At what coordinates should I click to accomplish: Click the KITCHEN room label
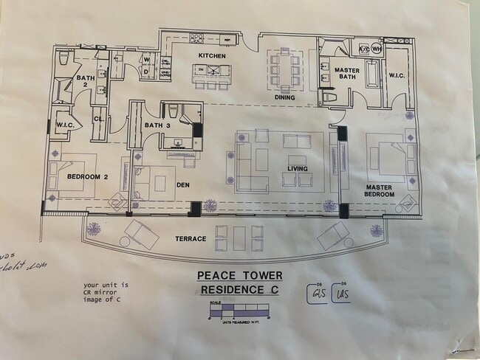tap(211, 56)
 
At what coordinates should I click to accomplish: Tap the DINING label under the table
tap(284, 97)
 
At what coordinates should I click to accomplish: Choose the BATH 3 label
tap(157, 125)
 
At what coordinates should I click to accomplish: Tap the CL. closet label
tap(98, 118)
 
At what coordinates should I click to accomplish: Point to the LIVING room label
tap(297, 169)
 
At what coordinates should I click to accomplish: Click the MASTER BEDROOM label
tap(380, 191)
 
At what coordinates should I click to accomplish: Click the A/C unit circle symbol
tap(363, 49)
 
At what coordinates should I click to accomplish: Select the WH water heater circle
tap(376, 49)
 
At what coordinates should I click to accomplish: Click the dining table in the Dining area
tap(284, 68)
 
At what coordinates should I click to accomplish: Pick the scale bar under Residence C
tap(239, 311)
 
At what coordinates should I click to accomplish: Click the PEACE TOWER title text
tap(239, 276)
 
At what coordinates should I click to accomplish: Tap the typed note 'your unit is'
tap(106, 285)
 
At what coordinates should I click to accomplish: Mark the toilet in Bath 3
tap(173, 112)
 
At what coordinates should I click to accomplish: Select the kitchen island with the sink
tap(212, 72)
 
